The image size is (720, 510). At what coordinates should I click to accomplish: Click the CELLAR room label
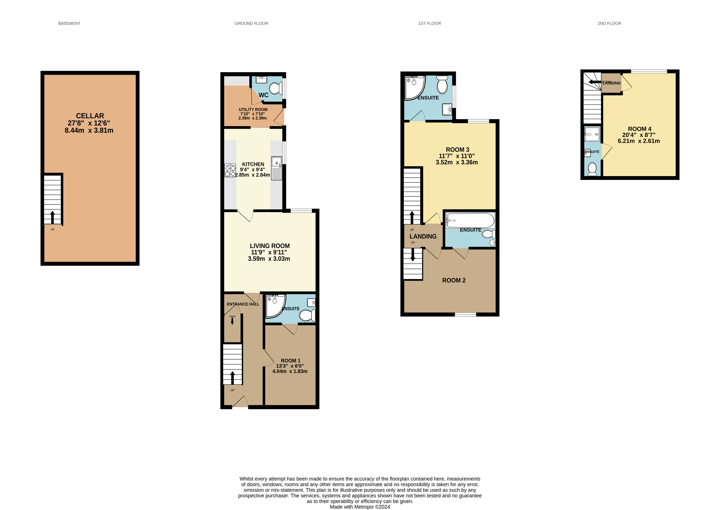click(x=90, y=116)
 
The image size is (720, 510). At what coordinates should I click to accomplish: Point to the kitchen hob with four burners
click(x=230, y=170)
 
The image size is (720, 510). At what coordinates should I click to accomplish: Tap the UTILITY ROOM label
click(x=253, y=110)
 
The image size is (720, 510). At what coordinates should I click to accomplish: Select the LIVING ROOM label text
click(x=270, y=246)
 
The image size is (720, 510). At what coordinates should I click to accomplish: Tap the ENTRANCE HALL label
click(x=243, y=304)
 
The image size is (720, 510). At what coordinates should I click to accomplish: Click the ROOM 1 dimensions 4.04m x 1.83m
click(x=290, y=371)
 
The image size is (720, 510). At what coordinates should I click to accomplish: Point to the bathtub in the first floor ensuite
click(x=470, y=220)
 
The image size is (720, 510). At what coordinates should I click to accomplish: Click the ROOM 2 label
click(x=454, y=281)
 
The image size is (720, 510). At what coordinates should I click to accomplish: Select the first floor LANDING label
click(x=423, y=236)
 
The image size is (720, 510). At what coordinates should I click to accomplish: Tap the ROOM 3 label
click(x=457, y=150)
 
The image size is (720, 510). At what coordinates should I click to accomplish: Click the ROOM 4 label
click(x=640, y=129)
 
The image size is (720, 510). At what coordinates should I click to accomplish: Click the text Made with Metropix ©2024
click(x=360, y=507)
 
